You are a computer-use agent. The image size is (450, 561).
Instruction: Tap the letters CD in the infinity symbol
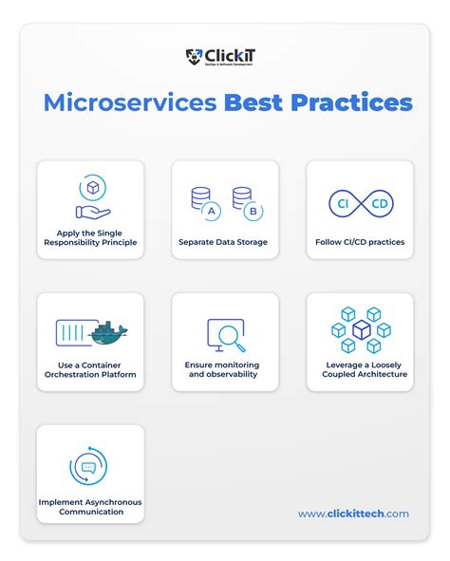pyautogui.click(x=377, y=203)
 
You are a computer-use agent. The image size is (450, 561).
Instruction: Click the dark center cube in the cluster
pyautogui.click(x=361, y=330)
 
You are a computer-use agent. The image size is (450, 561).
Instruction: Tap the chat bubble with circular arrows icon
pyautogui.click(x=89, y=467)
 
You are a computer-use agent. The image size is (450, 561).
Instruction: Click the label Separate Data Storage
pyautogui.click(x=223, y=242)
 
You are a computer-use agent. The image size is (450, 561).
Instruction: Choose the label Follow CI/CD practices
pyautogui.click(x=360, y=242)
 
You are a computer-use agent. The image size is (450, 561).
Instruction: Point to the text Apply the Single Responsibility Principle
pyautogui.click(x=90, y=237)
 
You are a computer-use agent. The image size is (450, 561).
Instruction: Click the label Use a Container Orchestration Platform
pyautogui.click(x=90, y=369)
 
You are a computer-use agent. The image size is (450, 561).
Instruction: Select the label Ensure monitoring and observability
pyautogui.click(x=225, y=369)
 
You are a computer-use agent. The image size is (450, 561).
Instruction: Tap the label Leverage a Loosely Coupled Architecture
pyautogui.click(x=360, y=369)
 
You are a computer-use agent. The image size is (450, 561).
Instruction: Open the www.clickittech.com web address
pyautogui.click(x=353, y=514)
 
